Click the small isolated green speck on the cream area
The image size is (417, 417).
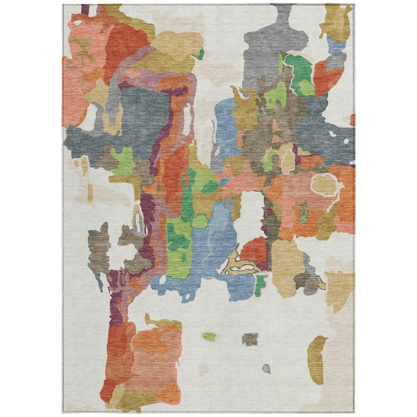(x=208, y=336)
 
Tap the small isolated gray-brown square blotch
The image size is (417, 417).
(x=250, y=339)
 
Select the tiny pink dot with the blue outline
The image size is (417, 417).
(x=266, y=368)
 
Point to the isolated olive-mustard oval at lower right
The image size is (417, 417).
(x=317, y=359)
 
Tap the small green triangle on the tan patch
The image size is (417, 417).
(x=199, y=54)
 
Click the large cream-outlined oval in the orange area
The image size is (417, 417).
(x=325, y=184)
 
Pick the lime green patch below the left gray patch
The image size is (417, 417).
(x=124, y=161)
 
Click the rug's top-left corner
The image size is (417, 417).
(x=63, y=6)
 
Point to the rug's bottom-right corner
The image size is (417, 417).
(x=353, y=411)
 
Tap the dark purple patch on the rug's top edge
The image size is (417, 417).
(x=85, y=10)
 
